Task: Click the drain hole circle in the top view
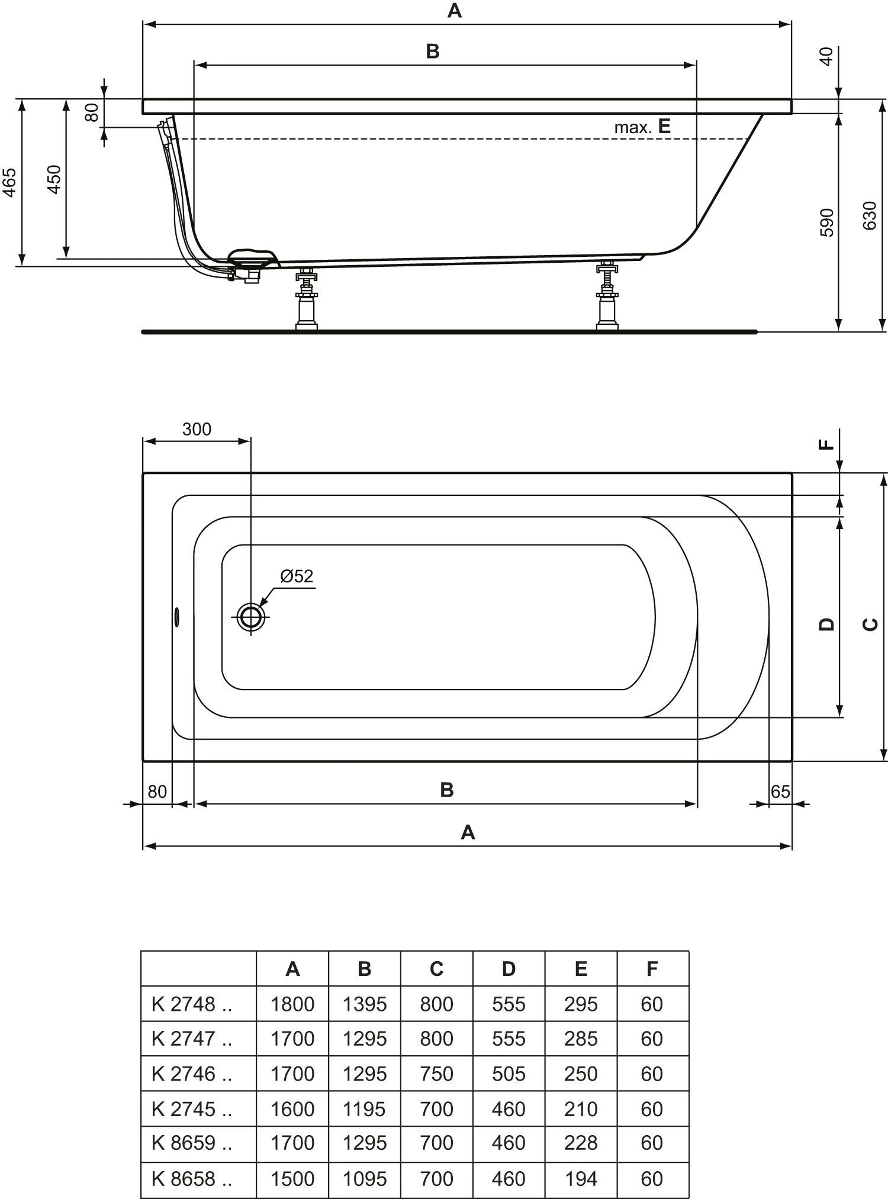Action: [250, 617]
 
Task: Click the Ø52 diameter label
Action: [297, 576]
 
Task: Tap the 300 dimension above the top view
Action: [197, 429]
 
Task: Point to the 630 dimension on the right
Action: [869, 216]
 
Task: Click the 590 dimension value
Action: [828, 223]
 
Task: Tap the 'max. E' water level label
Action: [642, 127]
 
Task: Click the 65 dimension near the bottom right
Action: [780, 791]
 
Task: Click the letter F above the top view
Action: [827, 445]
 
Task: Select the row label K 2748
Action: [191, 1004]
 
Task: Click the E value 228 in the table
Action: [581, 1143]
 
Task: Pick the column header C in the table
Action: [436, 969]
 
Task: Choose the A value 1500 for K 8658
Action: [292, 1178]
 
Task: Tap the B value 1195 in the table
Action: [365, 1108]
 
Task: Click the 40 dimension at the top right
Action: [828, 57]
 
